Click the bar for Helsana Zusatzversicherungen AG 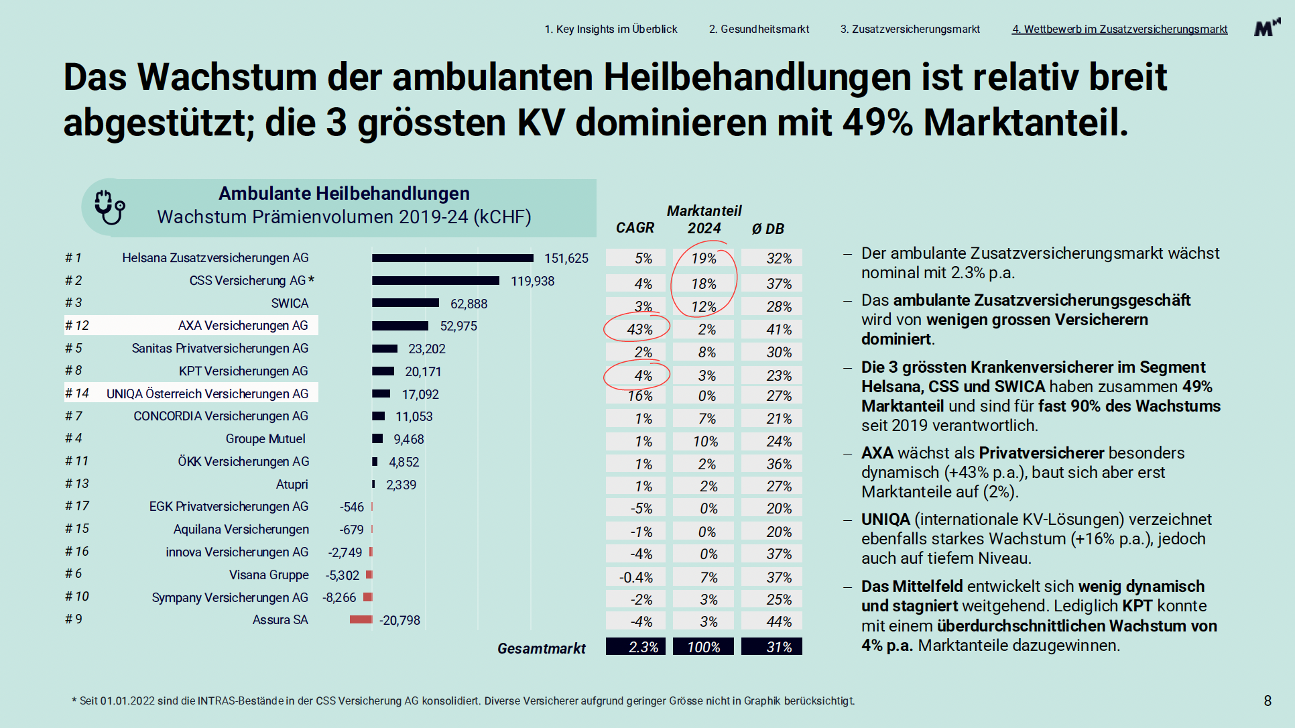point(452,258)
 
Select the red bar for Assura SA point(361,619)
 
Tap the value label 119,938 point(532,281)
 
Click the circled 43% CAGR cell point(639,329)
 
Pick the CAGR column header point(634,228)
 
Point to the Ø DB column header point(767,229)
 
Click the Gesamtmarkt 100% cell point(703,647)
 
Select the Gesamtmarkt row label point(541,648)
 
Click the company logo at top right point(1266,27)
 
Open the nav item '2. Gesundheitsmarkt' point(759,29)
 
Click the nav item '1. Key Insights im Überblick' point(611,29)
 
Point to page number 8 point(1267,701)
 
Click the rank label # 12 point(77,326)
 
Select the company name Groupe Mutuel point(265,438)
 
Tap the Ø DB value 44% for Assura point(779,621)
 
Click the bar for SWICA point(406,303)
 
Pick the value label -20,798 point(400,620)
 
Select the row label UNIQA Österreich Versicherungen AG point(207,393)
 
